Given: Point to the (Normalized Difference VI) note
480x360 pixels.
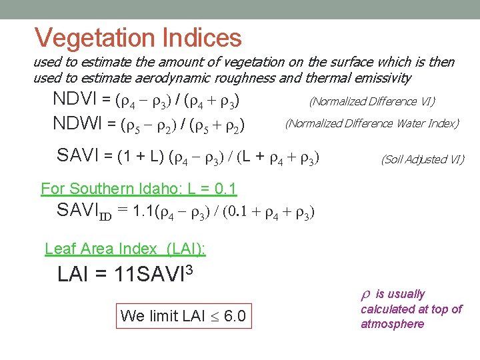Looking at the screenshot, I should tap(371, 101).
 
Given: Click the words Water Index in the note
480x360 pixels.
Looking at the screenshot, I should tap(423, 123).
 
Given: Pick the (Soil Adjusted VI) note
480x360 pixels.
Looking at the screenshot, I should tap(422, 159).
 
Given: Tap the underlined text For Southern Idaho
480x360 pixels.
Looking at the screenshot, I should tap(100, 189).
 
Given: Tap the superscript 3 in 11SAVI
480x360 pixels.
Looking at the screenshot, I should tap(191, 269).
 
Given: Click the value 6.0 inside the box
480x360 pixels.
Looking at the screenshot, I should tap(234, 315).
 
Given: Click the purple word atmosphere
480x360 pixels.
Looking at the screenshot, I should tap(392, 324).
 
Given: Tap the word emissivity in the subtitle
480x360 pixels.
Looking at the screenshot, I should tap(381, 77).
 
